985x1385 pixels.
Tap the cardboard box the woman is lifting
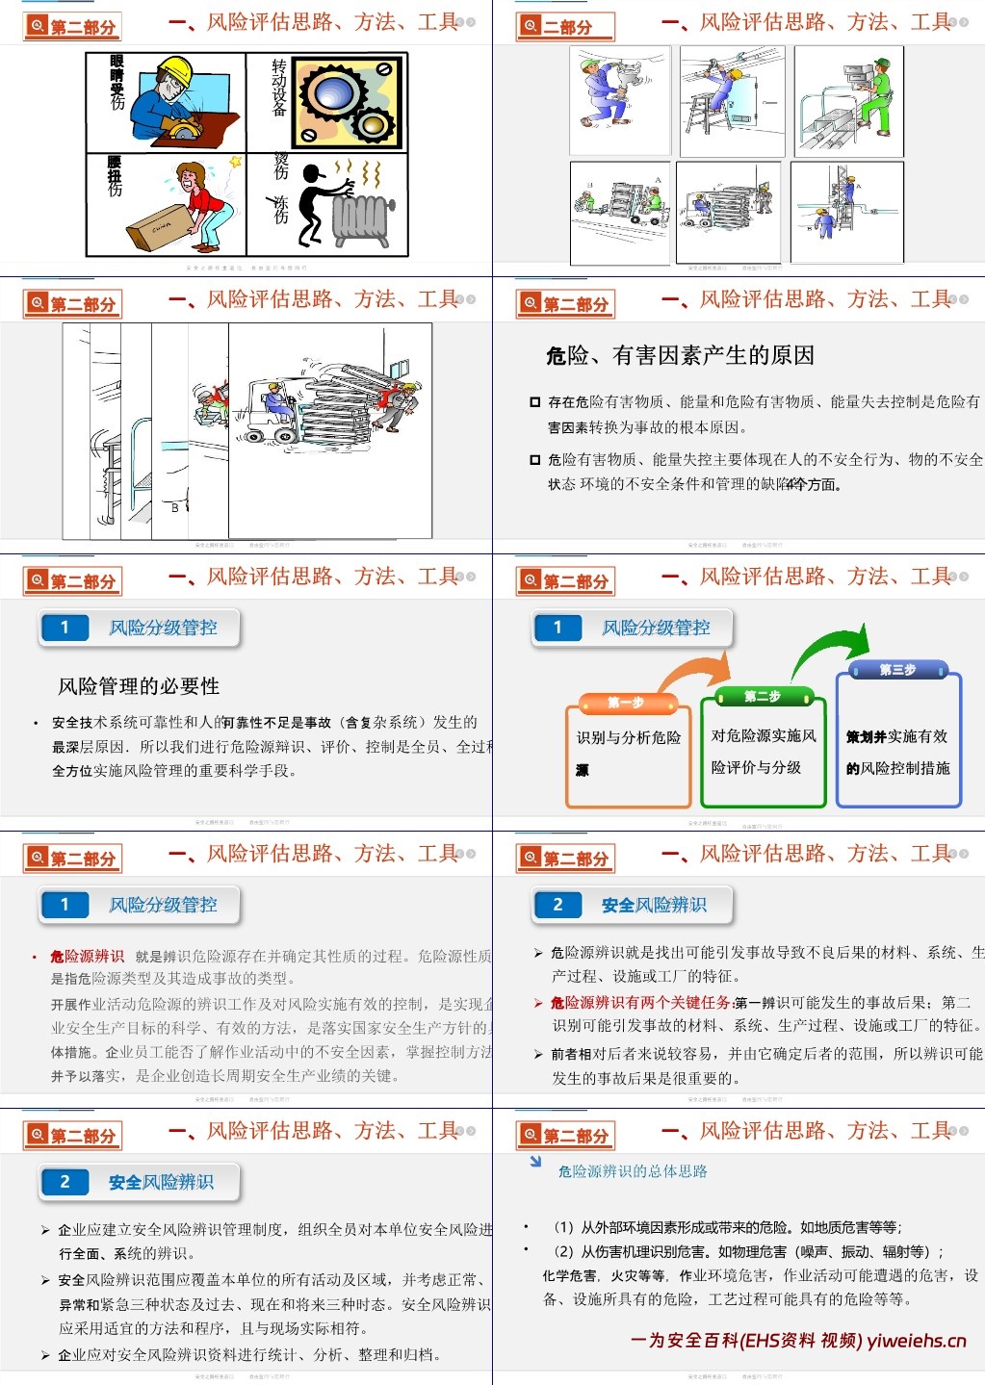[161, 227]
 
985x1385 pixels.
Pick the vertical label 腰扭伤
[115, 177]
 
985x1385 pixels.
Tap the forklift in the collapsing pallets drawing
[271, 412]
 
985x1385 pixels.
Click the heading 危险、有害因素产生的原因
[680, 356]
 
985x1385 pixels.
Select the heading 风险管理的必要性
[139, 686]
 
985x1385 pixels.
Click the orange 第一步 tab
[626, 703]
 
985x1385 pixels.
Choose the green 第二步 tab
[762, 696]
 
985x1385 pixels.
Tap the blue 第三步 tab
[897, 670]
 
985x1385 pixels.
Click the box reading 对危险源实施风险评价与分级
[763, 752]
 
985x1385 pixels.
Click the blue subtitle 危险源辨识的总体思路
[633, 1171]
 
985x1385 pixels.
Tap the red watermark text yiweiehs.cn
[916, 1341]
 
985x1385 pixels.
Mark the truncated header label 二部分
[567, 27]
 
